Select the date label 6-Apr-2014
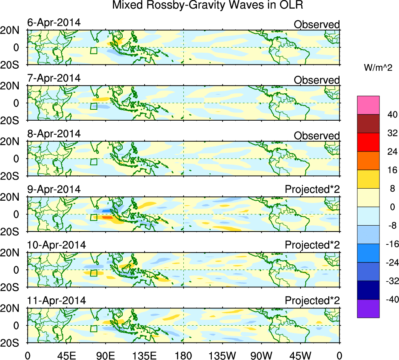[54, 23]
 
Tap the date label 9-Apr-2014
[54, 189]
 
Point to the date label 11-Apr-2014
[57, 301]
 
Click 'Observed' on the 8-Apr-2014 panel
[317, 136]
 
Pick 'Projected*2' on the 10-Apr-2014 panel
[312, 245]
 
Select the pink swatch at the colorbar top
[368, 105]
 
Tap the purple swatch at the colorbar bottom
[368, 308]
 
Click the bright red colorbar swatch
[368, 142]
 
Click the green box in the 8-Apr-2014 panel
[93, 162]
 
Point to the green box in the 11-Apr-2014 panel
[93, 328]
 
